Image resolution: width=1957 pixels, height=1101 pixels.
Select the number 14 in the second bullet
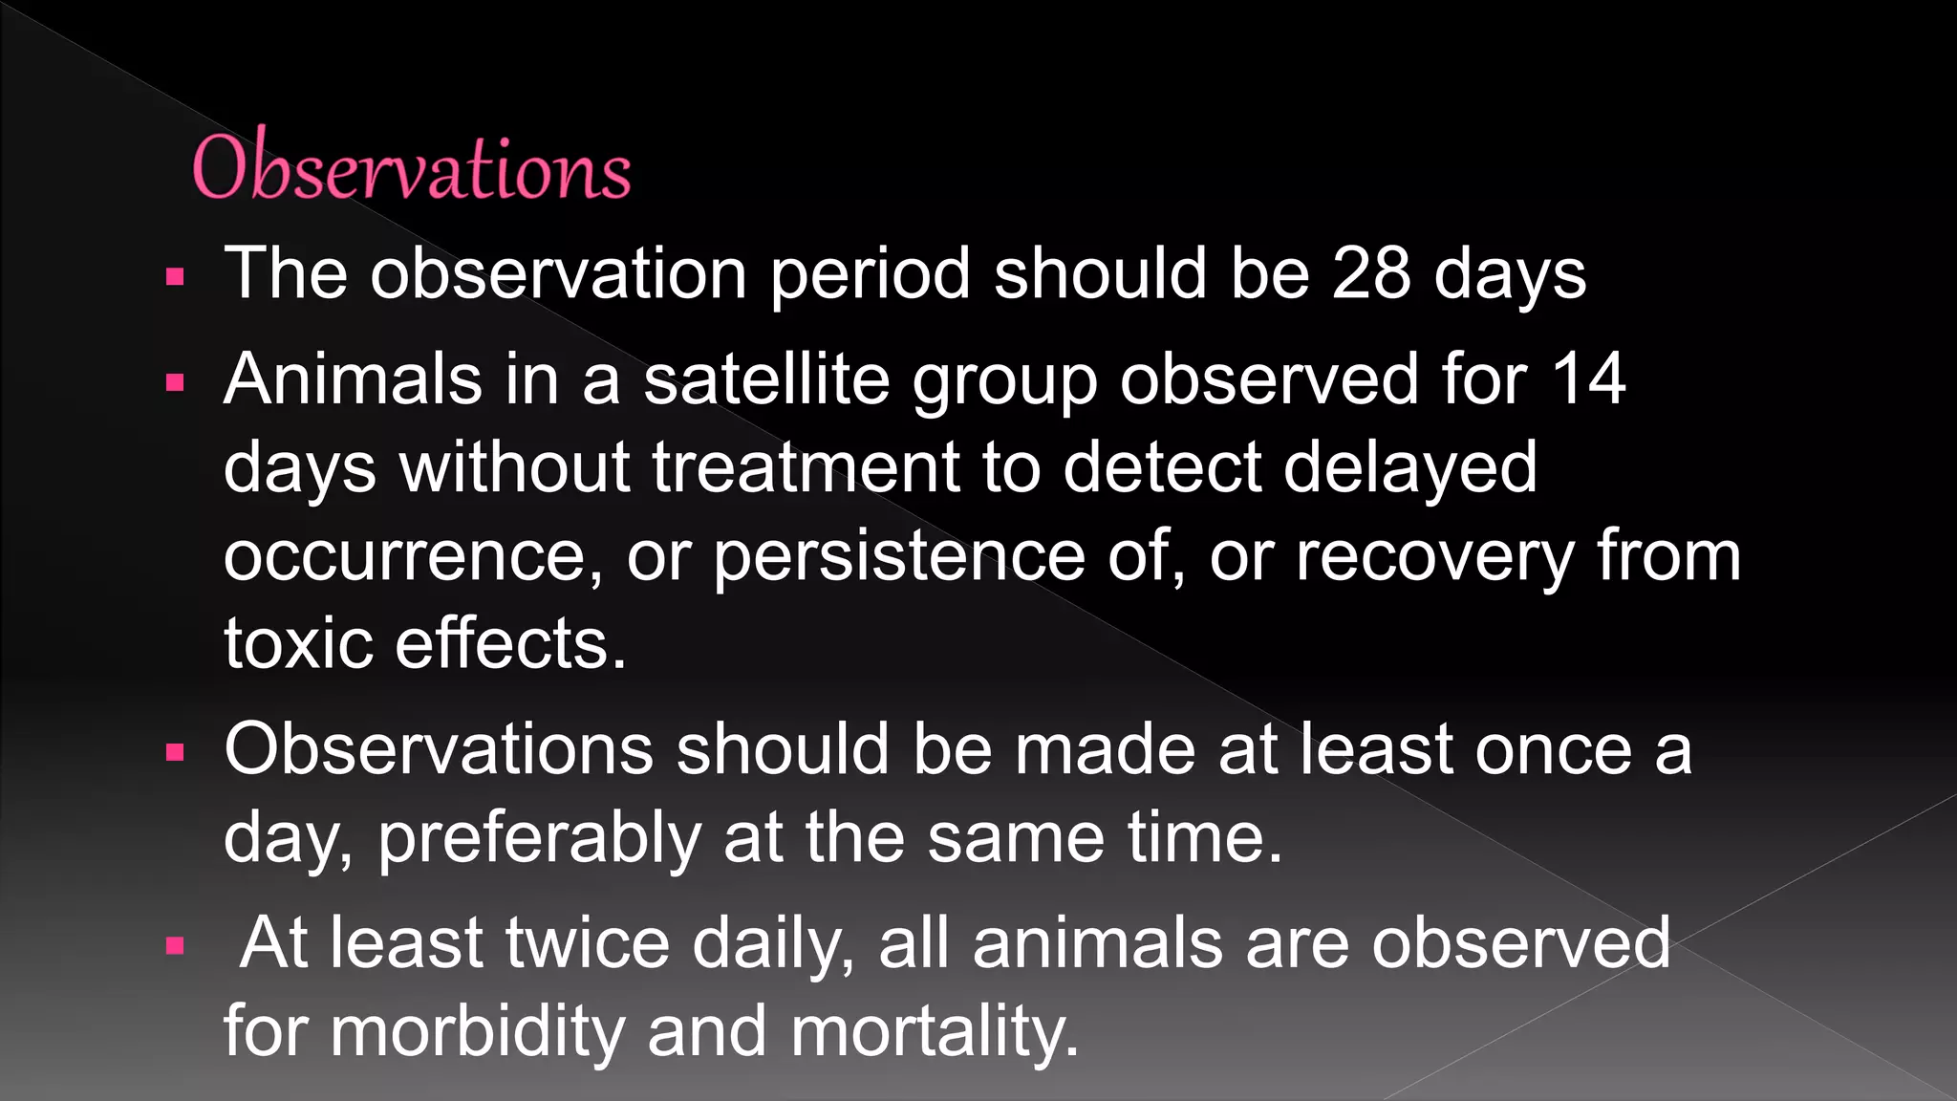tap(1587, 379)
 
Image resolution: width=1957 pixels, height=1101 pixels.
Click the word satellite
tap(766, 379)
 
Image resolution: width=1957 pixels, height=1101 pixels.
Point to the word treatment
tap(806, 467)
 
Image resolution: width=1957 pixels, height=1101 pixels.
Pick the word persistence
tap(898, 556)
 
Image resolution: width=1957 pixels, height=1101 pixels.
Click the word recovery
tap(1433, 556)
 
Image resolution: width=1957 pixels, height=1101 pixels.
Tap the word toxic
tap(298, 643)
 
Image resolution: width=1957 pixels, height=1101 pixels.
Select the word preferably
tap(539, 838)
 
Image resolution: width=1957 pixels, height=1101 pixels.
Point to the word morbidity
tap(476, 1031)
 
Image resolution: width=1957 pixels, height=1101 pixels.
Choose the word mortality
tap(935, 1031)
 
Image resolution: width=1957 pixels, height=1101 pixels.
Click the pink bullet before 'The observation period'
tap(174, 278)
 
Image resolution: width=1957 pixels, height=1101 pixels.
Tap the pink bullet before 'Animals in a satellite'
tap(174, 383)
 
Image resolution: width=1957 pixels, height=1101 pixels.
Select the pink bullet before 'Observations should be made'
tap(174, 753)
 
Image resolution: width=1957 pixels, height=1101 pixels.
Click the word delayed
tap(1409, 467)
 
